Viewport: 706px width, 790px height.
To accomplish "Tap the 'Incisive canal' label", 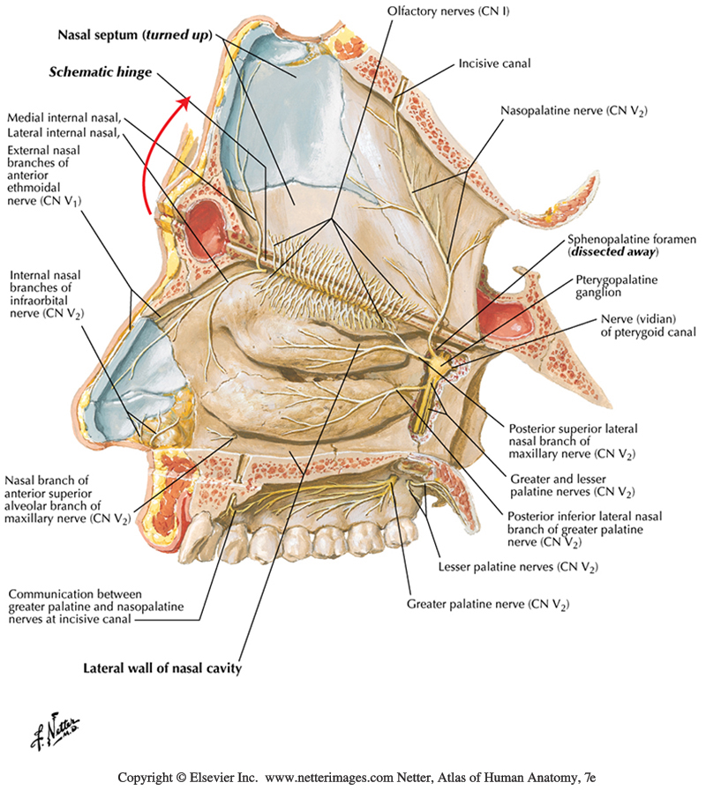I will tap(493, 64).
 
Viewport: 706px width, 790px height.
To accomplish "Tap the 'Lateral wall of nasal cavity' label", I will tap(162, 667).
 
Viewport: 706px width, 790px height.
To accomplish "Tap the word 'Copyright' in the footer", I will tap(148, 778).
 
